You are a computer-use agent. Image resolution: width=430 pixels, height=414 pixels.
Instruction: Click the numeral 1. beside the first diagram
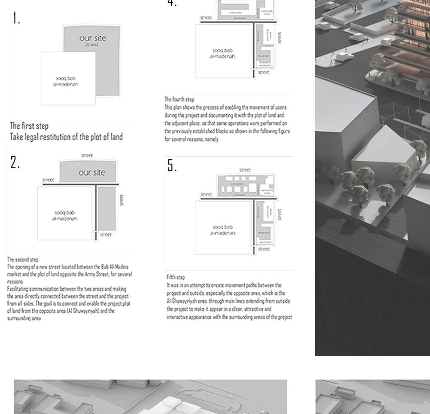(x=16, y=18)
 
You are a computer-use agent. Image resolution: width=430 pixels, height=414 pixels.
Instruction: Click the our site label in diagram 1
(x=93, y=38)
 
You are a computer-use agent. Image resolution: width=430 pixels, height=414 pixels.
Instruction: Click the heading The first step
(x=29, y=126)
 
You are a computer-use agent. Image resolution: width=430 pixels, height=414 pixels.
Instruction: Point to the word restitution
(x=61, y=136)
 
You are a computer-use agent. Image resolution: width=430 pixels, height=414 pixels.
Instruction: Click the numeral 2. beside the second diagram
(x=15, y=163)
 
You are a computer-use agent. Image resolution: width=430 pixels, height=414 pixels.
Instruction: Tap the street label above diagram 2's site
(x=87, y=155)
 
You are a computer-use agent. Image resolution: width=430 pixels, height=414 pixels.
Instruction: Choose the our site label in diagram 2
(x=92, y=172)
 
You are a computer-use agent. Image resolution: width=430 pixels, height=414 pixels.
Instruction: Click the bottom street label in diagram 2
(x=106, y=235)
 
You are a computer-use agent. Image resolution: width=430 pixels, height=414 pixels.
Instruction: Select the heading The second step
(x=23, y=259)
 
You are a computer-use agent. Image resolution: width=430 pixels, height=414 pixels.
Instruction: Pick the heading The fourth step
(x=179, y=99)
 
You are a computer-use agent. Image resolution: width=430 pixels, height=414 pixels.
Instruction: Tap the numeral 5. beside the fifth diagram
(x=172, y=166)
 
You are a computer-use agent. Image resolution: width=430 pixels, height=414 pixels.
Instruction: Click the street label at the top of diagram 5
(x=245, y=170)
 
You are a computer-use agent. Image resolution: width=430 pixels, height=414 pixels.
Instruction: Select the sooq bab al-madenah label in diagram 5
(x=223, y=230)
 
